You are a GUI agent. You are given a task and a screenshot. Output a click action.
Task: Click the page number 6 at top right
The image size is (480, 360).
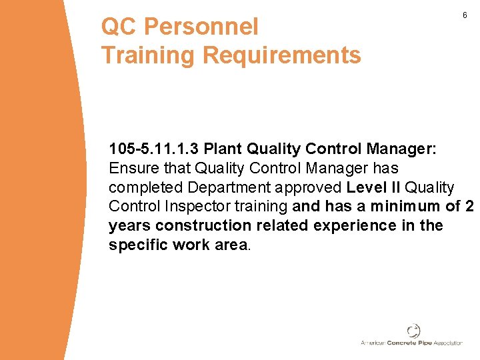click(465, 15)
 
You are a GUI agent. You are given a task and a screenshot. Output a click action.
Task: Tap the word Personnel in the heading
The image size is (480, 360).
click(201, 27)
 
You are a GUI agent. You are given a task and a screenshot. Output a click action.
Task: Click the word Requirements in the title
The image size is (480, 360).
click(281, 55)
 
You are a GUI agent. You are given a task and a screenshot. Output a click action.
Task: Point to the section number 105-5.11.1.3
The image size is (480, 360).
click(154, 148)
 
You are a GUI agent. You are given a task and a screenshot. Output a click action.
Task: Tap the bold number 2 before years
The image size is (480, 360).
click(469, 206)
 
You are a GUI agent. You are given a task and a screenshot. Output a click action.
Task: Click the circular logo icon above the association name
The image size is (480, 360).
click(413, 331)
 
